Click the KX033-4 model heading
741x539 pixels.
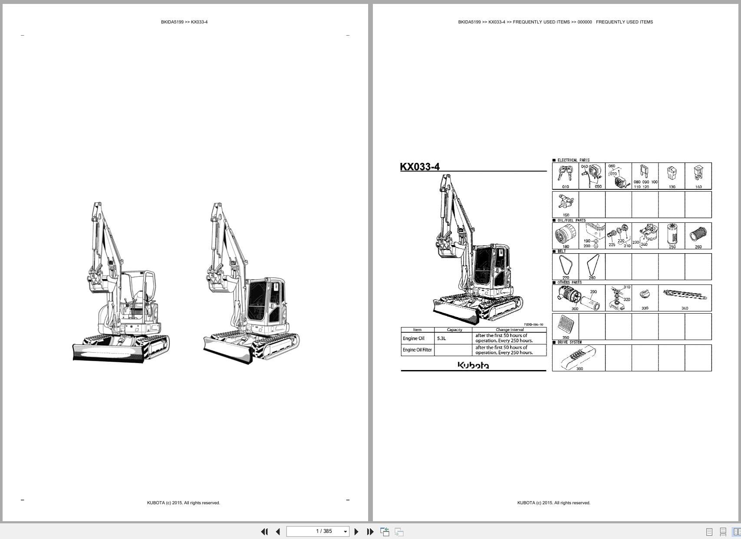419,167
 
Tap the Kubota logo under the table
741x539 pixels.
473,365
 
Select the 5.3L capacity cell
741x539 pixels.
441,338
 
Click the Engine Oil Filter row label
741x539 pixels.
417,350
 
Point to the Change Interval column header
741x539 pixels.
509,330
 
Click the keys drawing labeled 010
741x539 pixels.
565,174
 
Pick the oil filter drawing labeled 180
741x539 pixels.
565,235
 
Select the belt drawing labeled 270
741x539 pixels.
565,265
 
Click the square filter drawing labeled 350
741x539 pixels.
565,324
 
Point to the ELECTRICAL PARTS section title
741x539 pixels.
573,160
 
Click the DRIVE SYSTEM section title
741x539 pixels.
569,342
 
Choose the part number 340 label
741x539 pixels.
685,308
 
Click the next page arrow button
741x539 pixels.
356,532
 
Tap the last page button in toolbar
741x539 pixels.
370,532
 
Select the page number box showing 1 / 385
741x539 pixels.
318,531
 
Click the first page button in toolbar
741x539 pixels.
264,532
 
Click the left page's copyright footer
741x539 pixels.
183,503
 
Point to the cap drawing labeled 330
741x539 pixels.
645,295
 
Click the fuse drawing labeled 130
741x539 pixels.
672,173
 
